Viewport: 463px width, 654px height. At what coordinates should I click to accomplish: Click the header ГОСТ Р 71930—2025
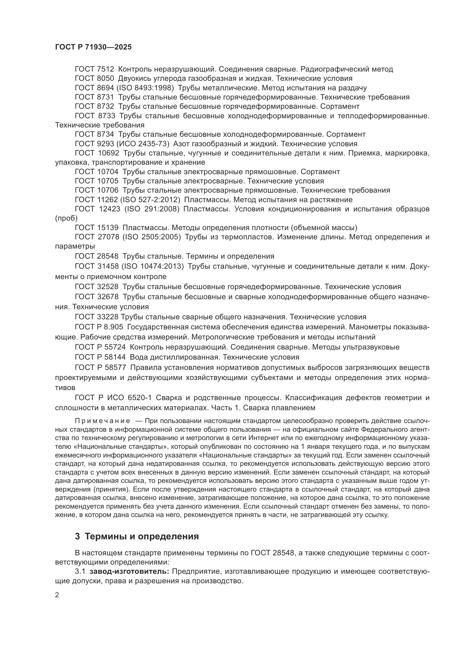(x=93, y=47)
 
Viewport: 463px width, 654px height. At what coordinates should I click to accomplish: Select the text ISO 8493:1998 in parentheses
(x=145, y=88)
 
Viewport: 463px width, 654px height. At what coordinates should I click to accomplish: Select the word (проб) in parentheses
(x=66, y=218)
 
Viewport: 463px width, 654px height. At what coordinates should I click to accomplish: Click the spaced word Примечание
(x=102, y=421)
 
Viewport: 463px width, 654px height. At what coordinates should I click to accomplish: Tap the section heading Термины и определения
(x=142, y=537)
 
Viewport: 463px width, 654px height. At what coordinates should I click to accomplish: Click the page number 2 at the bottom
(x=57, y=595)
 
